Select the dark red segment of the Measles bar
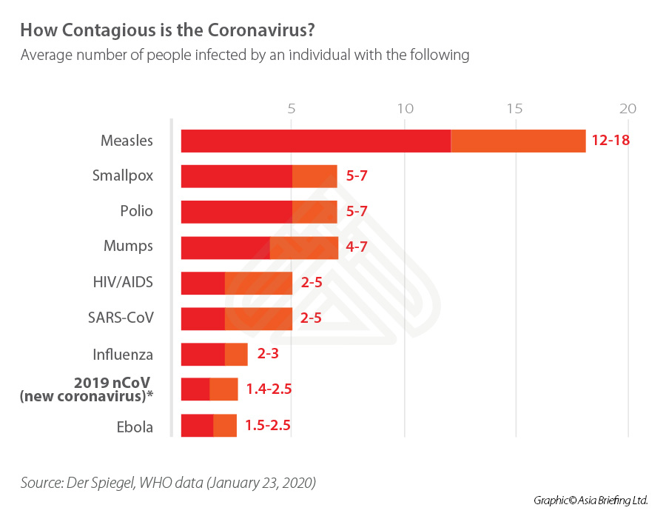(316, 141)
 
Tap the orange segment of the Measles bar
(518, 141)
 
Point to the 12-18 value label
(610, 141)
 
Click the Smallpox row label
(123, 176)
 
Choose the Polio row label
(136, 211)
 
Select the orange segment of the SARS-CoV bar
(258, 318)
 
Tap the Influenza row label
(123, 354)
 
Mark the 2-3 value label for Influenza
(268, 354)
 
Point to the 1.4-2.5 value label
(269, 389)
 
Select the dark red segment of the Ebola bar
(197, 426)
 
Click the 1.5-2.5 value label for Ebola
(268, 426)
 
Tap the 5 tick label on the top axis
(292, 108)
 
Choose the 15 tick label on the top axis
(515, 108)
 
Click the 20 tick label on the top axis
(628, 108)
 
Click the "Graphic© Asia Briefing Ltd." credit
(591, 500)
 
